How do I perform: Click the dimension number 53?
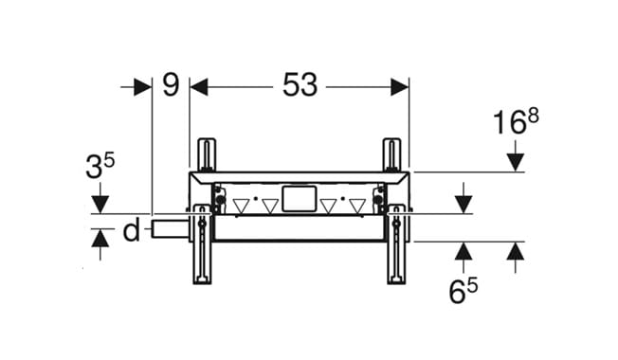point(300,85)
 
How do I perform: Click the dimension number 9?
point(171,85)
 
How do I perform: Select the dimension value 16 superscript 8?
point(516,121)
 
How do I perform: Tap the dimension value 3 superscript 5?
point(100,166)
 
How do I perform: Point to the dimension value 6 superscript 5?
point(463,291)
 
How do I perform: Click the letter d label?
point(131,230)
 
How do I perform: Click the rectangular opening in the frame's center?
point(300,199)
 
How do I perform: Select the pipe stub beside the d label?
point(170,229)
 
